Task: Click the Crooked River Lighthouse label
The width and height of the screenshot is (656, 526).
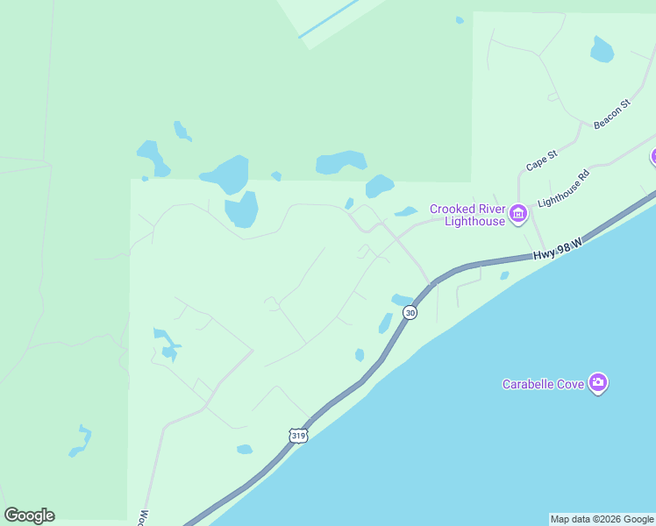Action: click(467, 215)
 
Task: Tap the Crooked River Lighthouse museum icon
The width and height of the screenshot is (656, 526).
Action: click(518, 213)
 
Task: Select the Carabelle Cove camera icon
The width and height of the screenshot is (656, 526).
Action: click(598, 382)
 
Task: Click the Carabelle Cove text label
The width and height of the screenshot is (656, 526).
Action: click(544, 383)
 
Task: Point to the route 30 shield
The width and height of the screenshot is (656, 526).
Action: click(410, 312)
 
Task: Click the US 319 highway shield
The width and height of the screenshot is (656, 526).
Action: click(298, 435)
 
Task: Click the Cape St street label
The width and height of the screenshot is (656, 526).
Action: click(541, 160)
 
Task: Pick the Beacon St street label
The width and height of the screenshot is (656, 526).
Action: click(611, 115)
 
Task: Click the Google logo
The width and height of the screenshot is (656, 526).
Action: click(29, 515)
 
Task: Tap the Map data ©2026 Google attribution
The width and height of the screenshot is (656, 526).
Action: click(602, 519)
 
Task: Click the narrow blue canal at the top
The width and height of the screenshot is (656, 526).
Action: click(329, 19)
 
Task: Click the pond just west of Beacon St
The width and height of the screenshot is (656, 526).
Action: click(602, 50)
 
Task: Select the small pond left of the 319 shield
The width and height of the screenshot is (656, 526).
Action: click(244, 450)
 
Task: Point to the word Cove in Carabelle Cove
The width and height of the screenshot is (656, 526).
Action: click(571, 383)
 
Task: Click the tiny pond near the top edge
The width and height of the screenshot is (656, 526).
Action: click(460, 19)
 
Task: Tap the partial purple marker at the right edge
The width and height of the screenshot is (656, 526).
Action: click(652, 157)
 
